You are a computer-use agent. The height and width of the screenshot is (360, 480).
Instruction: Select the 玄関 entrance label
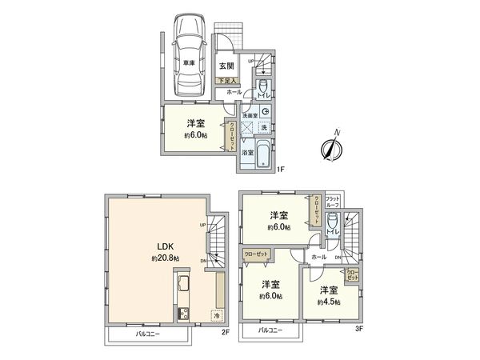(226, 66)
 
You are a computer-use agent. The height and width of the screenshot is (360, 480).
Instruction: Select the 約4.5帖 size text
(328, 302)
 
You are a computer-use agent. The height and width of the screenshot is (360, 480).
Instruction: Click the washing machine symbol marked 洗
(264, 128)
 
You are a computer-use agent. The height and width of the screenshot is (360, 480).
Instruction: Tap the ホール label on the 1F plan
(234, 93)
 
